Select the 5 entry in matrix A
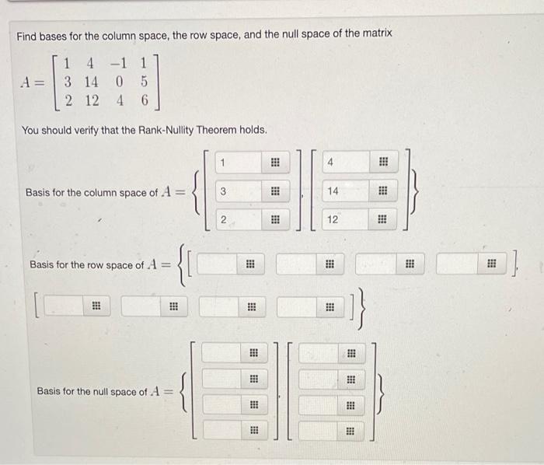[145, 81]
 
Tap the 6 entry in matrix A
[145, 100]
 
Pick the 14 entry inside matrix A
[92, 81]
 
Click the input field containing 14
[333, 191]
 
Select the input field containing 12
[333, 220]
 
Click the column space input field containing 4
[333, 163]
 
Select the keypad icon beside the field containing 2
[274, 220]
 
